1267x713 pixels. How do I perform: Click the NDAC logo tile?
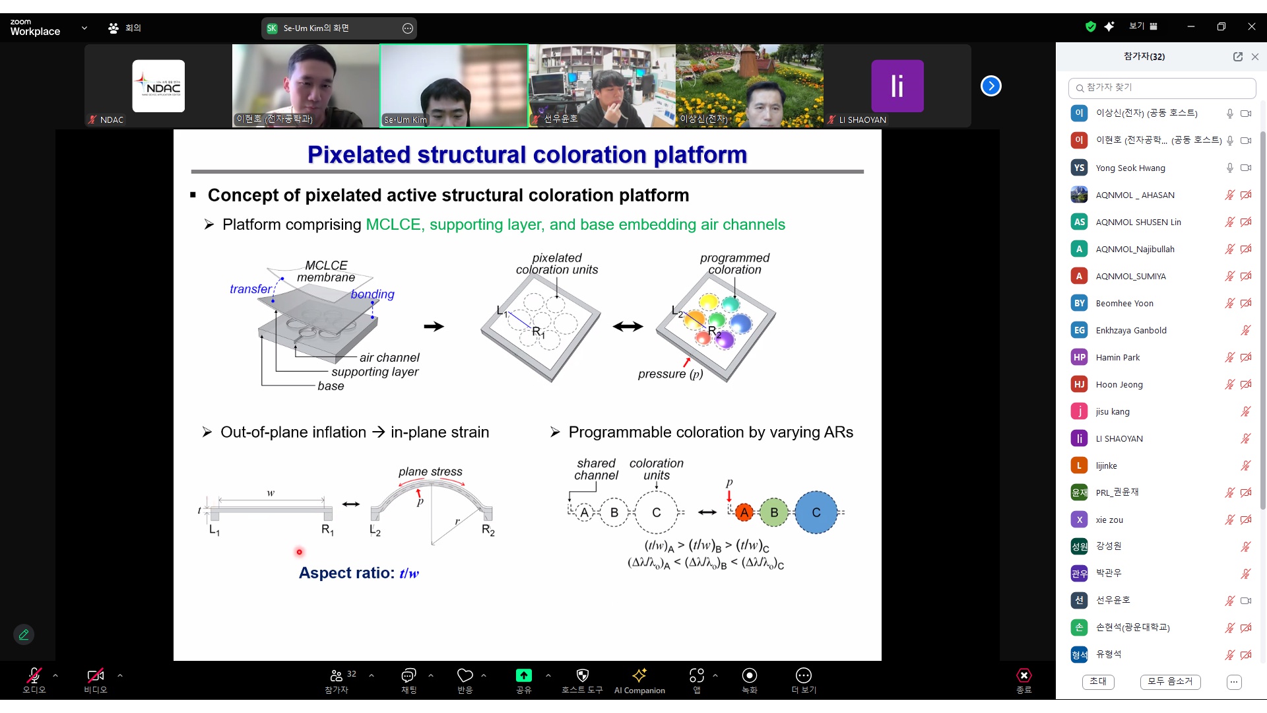point(158,86)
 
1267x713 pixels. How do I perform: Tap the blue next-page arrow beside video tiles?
point(991,86)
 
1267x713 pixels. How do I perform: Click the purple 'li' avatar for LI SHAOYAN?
point(897,86)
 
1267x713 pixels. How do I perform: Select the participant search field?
point(1161,87)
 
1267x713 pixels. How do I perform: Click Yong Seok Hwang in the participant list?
point(1130,168)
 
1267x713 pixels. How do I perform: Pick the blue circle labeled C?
point(816,512)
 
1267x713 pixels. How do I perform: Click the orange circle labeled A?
point(744,512)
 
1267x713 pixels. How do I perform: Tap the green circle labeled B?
point(774,512)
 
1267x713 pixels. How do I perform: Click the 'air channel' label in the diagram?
point(389,357)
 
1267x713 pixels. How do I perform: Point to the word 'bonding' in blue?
point(373,294)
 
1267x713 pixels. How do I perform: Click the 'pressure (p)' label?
point(670,374)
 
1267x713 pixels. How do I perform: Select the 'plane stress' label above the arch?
point(430,471)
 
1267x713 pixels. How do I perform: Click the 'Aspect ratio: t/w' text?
point(359,573)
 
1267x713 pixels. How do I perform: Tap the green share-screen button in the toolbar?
point(523,675)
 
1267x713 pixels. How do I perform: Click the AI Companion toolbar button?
point(639,681)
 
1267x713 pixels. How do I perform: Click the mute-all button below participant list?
point(1170,681)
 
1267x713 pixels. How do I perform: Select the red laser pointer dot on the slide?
point(299,552)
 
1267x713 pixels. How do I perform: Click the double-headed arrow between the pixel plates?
point(628,326)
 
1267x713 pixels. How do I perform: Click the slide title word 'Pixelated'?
point(359,154)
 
